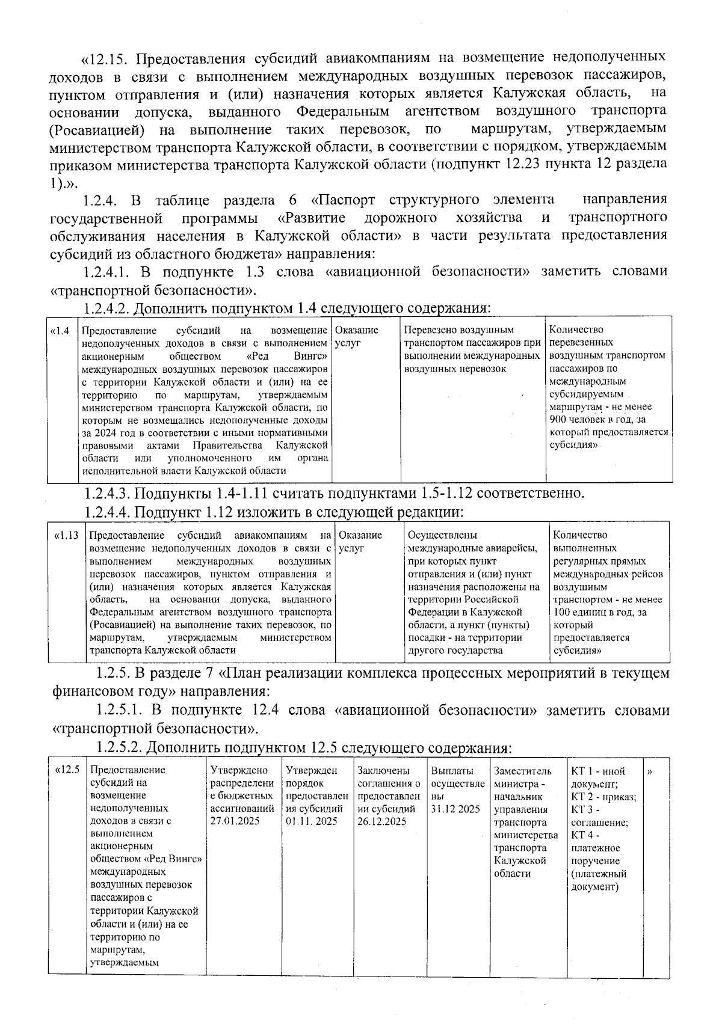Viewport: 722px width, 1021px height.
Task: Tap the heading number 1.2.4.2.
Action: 106,309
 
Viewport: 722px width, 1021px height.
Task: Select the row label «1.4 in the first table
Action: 61,330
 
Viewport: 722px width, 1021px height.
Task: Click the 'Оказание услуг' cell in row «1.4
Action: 356,336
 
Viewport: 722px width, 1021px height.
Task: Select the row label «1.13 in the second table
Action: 67,535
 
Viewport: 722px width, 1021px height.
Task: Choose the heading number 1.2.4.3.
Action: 106,494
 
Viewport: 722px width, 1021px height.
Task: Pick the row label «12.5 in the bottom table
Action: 67,770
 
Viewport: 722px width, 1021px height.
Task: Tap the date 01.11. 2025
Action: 311,821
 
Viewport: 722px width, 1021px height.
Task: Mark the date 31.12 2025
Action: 455,809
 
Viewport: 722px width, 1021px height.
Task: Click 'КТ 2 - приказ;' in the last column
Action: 603,797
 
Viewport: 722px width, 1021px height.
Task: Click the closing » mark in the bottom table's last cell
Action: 650,771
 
